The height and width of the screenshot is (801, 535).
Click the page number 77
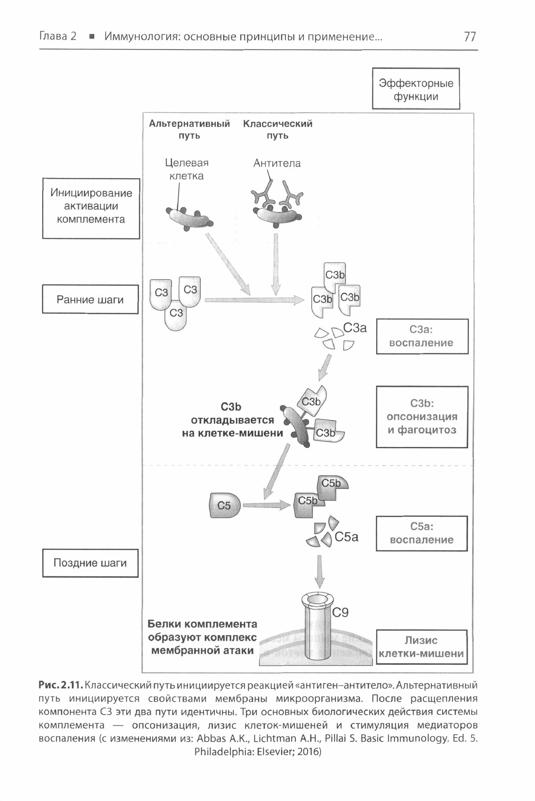[x=470, y=37]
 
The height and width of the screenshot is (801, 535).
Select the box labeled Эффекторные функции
[x=416, y=89]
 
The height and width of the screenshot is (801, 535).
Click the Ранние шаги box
[x=90, y=300]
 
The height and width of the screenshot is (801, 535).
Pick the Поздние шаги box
[x=90, y=563]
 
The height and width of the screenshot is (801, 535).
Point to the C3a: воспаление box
[x=422, y=336]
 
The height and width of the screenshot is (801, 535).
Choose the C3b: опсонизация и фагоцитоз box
[x=422, y=417]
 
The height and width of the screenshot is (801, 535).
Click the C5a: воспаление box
[x=422, y=533]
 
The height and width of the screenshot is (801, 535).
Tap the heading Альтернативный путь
[x=189, y=129]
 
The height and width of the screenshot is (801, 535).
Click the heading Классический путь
[x=278, y=129]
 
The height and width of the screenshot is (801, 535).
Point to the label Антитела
[x=277, y=163]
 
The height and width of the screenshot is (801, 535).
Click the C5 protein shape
[x=225, y=505]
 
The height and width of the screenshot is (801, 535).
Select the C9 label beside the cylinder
[x=340, y=612]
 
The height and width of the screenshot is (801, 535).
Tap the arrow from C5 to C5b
[x=266, y=505]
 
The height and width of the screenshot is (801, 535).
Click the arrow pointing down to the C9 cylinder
[x=319, y=571]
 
